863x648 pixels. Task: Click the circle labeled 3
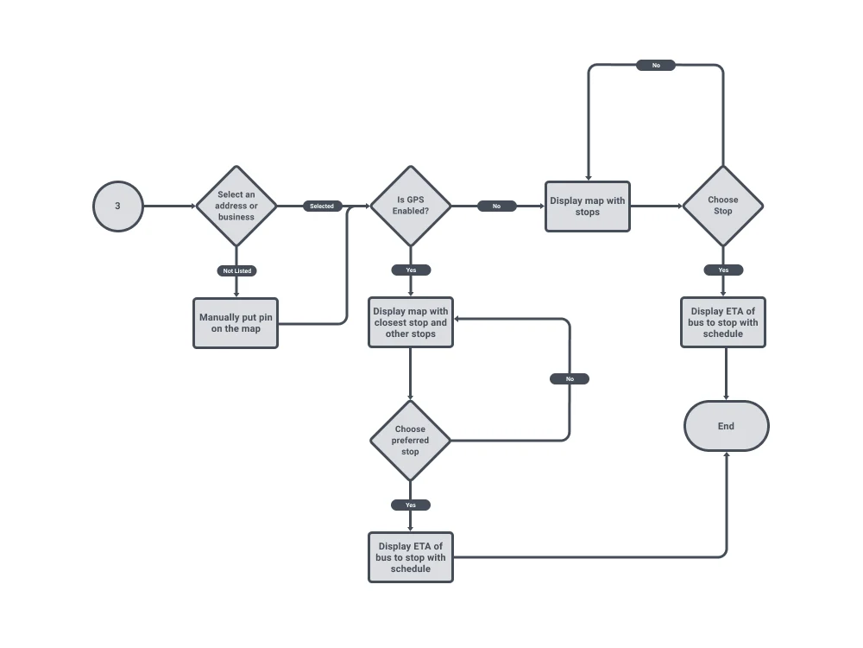[117, 206]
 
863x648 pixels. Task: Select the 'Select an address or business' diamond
[236, 206]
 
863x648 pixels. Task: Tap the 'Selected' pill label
[322, 206]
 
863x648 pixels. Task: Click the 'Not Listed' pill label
[236, 270]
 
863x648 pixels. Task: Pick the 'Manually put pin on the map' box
[236, 323]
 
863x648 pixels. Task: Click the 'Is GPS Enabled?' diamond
[411, 206]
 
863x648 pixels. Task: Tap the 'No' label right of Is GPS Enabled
[496, 206]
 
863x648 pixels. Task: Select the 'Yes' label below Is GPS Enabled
[411, 270]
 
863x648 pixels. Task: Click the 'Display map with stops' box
[587, 206]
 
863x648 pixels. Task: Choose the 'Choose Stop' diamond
[723, 206]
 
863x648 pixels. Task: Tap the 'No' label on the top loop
[656, 66]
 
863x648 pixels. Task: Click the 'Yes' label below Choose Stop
[723, 270]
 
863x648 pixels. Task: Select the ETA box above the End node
[723, 323]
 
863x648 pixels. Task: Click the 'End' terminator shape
[726, 426]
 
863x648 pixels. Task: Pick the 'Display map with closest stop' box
[411, 323]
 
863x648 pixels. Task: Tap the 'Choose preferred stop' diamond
[411, 441]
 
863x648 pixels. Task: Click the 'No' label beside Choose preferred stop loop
[570, 379]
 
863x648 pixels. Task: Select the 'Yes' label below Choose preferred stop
[411, 505]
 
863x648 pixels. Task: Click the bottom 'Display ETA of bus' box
[411, 557]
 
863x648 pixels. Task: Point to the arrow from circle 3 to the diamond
[169, 206]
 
